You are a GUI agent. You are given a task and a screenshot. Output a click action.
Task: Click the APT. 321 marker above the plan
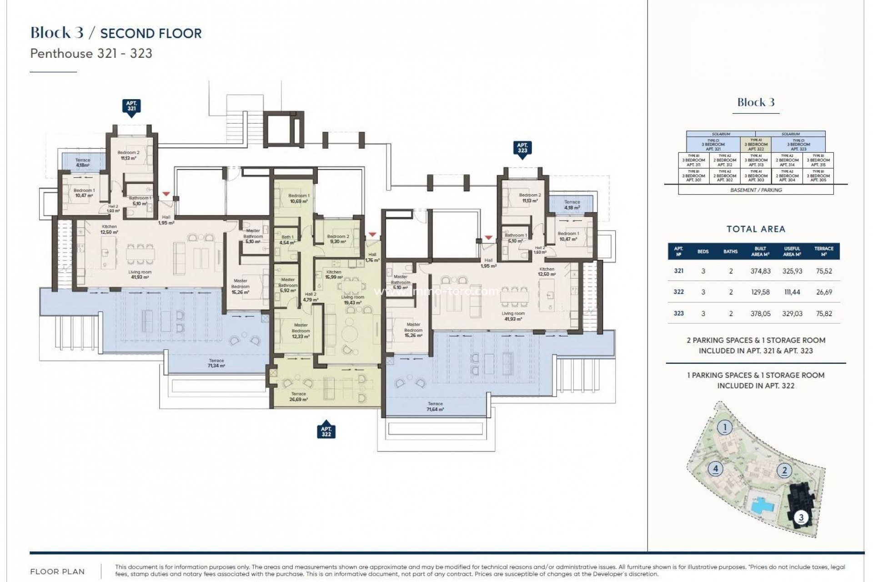131,106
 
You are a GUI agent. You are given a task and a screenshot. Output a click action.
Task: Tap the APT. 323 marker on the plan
522,148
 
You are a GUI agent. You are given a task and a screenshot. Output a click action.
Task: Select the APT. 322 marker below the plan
326,431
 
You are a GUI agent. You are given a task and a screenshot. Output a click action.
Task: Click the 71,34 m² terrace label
216,363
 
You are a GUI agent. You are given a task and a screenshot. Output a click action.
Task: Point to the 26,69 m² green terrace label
299,396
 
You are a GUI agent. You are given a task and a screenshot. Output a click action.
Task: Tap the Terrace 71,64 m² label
435,406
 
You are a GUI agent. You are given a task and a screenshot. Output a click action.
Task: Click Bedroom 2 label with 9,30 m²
338,239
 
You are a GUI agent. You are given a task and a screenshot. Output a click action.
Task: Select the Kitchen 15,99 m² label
334,275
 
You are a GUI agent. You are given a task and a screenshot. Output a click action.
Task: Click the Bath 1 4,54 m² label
287,240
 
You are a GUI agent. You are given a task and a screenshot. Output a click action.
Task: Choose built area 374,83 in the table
760,271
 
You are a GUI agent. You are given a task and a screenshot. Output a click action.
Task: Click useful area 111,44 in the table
792,292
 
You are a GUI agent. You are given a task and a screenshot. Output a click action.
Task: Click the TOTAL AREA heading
756,229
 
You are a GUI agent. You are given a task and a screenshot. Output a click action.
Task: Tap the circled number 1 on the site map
725,427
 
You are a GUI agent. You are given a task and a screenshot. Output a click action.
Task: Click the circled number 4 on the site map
715,468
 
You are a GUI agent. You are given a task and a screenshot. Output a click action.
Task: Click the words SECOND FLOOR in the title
151,33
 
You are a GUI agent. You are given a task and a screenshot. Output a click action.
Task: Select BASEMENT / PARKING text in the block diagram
756,190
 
